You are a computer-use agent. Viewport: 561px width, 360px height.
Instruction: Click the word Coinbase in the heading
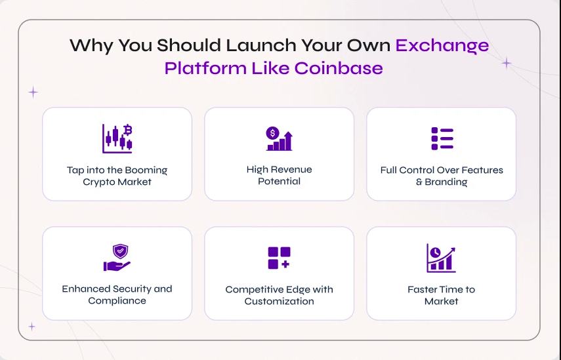coord(339,68)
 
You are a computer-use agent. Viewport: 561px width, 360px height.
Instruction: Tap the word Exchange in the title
coord(442,46)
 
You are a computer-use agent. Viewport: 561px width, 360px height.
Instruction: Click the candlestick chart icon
coord(117,139)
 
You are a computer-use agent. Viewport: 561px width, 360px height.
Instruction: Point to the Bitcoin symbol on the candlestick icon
coord(128,130)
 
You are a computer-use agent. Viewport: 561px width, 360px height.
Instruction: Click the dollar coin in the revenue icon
coord(273,133)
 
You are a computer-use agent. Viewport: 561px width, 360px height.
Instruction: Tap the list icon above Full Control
coord(442,139)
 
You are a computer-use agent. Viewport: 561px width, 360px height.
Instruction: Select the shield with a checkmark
coord(120,251)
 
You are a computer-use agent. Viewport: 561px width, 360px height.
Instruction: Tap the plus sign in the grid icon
coord(285,264)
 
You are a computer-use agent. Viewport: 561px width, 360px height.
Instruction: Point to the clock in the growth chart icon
coord(435,252)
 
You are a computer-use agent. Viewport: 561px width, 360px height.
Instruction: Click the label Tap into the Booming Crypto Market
coord(117,176)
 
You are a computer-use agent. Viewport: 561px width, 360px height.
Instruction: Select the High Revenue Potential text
coord(279,175)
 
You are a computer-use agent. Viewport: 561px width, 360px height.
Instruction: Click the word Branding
coord(446,182)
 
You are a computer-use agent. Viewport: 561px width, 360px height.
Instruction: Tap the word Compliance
coord(117,300)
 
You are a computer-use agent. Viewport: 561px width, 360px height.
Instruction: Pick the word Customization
coord(279,301)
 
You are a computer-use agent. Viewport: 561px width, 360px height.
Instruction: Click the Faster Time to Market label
coord(441,295)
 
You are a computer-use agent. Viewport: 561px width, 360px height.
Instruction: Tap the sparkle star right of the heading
coord(507,63)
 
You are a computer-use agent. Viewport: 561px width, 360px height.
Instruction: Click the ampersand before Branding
coord(419,182)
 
